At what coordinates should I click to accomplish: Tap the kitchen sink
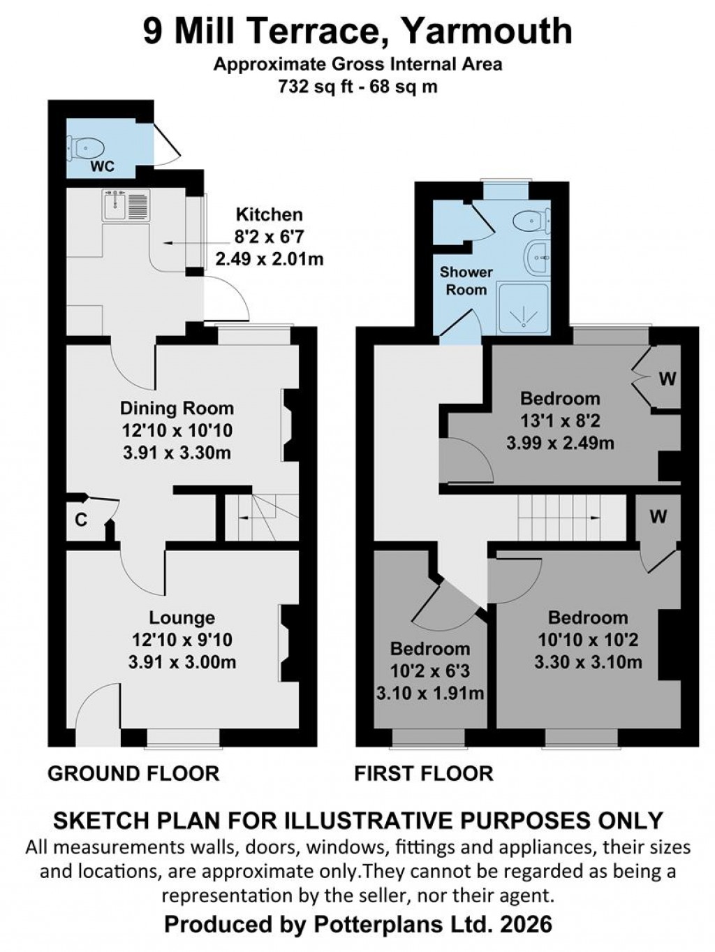pos(126,206)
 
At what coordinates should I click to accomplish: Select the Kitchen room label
pos(269,214)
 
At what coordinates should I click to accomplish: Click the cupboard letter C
pos(81,520)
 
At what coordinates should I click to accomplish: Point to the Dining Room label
pos(177,408)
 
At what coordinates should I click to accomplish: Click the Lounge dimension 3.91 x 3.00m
pos(182,661)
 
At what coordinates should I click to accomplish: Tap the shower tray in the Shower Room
pos(523,307)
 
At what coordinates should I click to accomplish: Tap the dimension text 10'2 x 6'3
pos(429,671)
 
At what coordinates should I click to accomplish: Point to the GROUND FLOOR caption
pos(133,773)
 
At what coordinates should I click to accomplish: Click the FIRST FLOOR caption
pos(424,773)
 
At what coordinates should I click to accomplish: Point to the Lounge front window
pos(183,738)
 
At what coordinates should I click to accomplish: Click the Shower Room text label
pos(466,280)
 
